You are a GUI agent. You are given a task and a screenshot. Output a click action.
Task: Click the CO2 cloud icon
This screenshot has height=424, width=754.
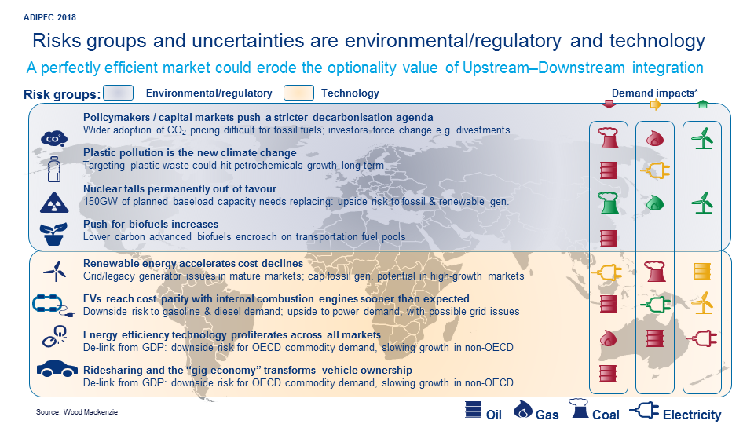(x=52, y=138)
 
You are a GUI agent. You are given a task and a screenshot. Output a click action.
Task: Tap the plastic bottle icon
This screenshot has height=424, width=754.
(x=53, y=171)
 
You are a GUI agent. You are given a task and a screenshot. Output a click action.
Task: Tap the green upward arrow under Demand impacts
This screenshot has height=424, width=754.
(x=702, y=105)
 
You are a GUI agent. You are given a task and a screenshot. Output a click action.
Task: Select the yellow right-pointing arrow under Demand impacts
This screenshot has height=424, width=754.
(x=655, y=105)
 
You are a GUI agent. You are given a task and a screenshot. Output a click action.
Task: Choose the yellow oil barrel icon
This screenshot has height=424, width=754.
(x=702, y=272)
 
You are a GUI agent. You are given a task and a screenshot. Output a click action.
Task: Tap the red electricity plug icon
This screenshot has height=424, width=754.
(x=702, y=338)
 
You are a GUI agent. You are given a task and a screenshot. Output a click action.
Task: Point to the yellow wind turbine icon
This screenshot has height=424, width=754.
(x=702, y=302)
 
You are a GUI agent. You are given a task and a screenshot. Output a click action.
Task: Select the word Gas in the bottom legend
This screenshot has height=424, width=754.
(x=547, y=414)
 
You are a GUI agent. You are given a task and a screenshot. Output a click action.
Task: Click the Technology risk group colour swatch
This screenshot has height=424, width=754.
(x=299, y=93)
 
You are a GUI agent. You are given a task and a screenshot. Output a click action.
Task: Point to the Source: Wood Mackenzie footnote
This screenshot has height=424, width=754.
(x=70, y=411)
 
